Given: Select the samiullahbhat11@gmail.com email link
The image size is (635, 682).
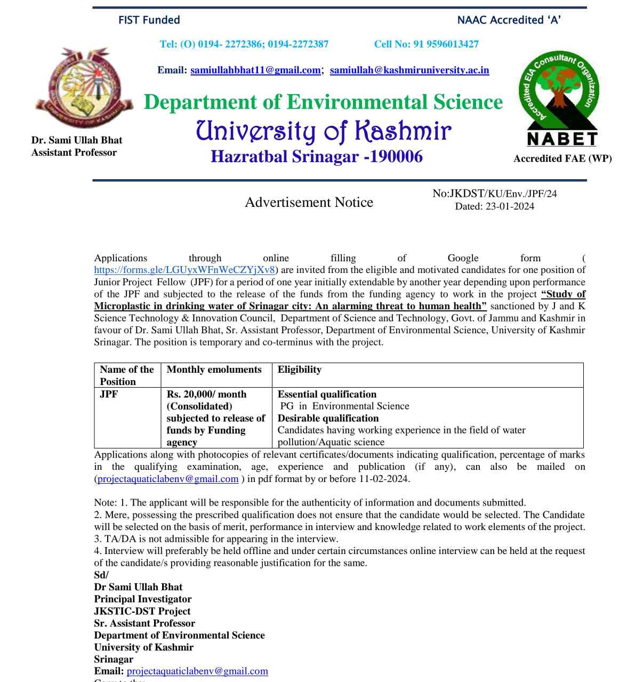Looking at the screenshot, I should (255, 70).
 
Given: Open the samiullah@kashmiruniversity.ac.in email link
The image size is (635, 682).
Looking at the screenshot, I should (409, 70).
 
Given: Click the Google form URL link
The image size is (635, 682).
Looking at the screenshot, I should (184, 270).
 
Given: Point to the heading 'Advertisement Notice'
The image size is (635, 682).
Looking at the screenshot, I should (309, 203).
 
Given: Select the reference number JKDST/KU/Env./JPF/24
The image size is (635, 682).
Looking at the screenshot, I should (503, 194).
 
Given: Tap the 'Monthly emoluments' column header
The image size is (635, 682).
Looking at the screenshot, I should (214, 370).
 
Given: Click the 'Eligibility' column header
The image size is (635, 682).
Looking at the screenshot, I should (299, 370).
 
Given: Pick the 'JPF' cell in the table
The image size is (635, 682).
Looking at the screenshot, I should (109, 394).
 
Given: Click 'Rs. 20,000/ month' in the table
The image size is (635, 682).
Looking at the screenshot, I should (206, 394).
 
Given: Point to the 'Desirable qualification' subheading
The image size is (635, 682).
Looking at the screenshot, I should (328, 418).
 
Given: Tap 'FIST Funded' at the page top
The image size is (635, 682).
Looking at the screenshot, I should (149, 20).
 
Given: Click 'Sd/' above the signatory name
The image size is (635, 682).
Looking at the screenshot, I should (101, 575).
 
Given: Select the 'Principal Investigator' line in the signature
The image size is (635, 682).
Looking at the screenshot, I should (143, 599).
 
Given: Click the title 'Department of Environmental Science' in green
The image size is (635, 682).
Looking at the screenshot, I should (323, 102).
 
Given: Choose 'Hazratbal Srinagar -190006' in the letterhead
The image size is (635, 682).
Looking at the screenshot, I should (317, 157).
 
